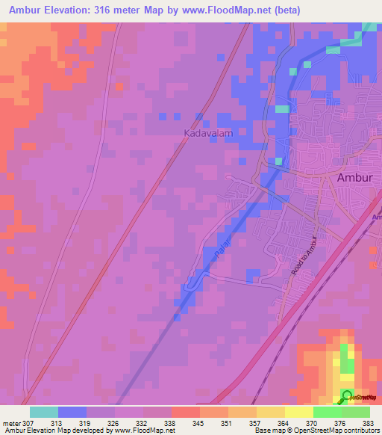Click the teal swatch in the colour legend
point(44,411)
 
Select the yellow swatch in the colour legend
point(298,411)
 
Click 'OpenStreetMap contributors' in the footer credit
point(341,430)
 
